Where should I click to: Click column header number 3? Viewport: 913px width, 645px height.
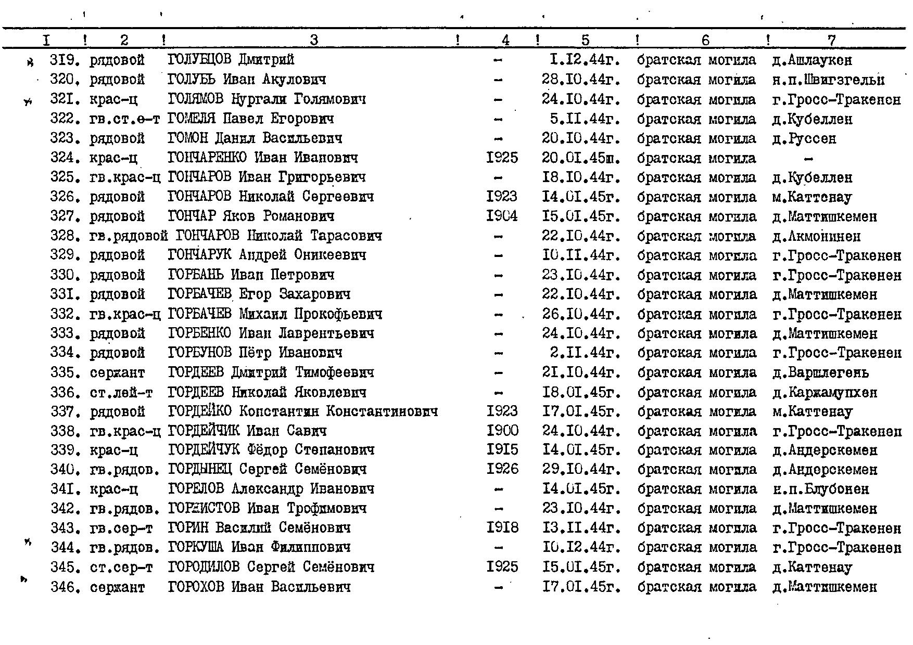[x=314, y=40]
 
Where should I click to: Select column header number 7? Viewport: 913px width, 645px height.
[x=831, y=40]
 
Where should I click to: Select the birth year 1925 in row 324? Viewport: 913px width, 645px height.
[x=502, y=158]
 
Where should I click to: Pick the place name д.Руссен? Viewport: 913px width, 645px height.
[x=811, y=139]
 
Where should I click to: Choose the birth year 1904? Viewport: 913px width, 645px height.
[x=502, y=216]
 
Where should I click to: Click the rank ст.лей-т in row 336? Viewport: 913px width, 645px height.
[x=121, y=392]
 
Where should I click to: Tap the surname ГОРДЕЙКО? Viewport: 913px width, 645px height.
[x=199, y=411]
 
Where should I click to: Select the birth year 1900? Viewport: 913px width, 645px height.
[x=502, y=431]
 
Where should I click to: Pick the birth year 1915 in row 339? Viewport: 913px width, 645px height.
[x=502, y=450]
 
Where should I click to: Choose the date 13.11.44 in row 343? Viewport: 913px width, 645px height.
[x=581, y=528]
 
